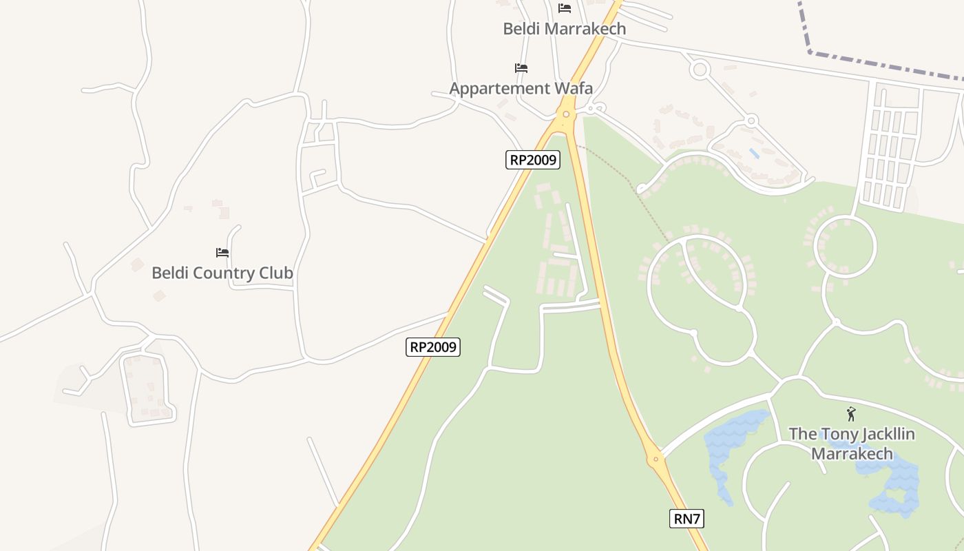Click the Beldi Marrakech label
click(x=564, y=28)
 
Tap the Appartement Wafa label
click(x=521, y=88)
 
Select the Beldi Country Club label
click(x=222, y=273)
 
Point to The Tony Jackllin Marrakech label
click(x=852, y=444)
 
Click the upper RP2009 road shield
click(x=532, y=160)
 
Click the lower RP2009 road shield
click(x=432, y=346)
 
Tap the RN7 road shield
click(x=687, y=519)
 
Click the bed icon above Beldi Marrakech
click(x=565, y=8)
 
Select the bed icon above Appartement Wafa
click(x=521, y=68)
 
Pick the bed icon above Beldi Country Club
click(x=222, y=253)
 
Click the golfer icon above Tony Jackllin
click(x=851, y=414)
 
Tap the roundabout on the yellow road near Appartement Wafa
click(x=566, y=114)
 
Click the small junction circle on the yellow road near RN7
click(x=656, y=459)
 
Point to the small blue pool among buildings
click(x=755, y=153)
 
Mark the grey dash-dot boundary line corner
click(x=810, y=52)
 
